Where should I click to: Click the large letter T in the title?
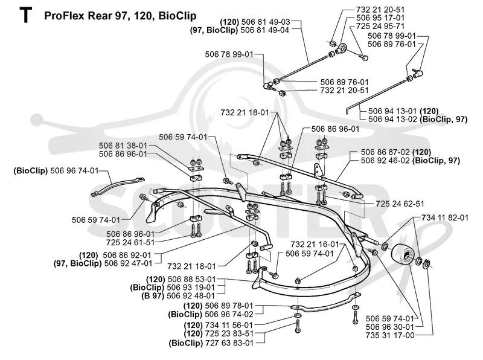pyautogui.click(x=25, y=16)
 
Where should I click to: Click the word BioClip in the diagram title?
pyautogui.click(x=177, y=16)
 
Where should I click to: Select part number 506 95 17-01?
pyautogui.click(x=380, y=18)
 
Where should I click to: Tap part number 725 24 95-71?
pyautogui.click(x=380, y=26)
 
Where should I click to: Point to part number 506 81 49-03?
pyautogui.click(x=266, y=22)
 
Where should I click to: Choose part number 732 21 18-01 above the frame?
pyautogui.click(x=245, y=112)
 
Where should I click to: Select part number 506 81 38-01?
pyautogui.click(x=123, y=146)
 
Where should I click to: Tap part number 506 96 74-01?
pyautogui.click(x=74, y=170)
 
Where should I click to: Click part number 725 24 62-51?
pyautogui.click(x=400, y=204)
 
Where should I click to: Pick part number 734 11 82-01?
pyautogui.click(x=445, y=218)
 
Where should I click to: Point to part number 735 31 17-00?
pyautogui.click(x=390, y=335)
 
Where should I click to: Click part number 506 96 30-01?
pyautogui.click(x=390, y=327)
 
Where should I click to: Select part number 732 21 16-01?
pyautogui.click(x=315, y=245)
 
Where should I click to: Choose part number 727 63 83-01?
pyautogui.click(x=229, y=342)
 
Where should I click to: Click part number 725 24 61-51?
pyautogui.click(x=130, y=243)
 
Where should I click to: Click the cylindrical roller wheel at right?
pyautogui.click(x=402, y=253)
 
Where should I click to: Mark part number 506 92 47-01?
pyautogui.click(x=129, y=263)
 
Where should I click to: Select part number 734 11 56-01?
pyautogui.click(x=229, y=325)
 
